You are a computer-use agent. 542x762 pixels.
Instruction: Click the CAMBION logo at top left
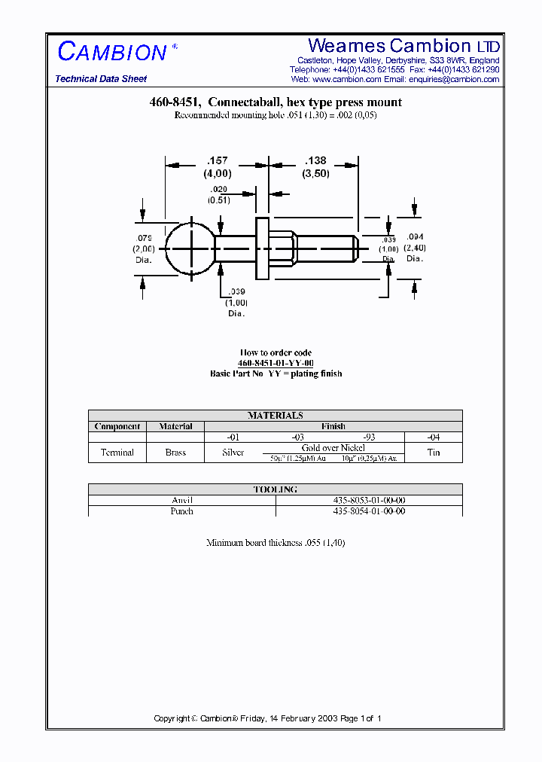[x=112, y=52]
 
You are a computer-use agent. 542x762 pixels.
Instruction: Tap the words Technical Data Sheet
[x=101, y=79]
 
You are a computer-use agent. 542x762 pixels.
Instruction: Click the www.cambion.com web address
[x=346, y=79]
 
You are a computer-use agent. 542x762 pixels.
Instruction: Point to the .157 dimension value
[x=217, y=160]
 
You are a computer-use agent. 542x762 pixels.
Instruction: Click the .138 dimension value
[x=315, y=160]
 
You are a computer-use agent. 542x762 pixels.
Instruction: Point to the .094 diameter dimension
[x=414, y=236]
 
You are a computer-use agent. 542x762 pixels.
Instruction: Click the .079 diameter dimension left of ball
[x=144, y=239]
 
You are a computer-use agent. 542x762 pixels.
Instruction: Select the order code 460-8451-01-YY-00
[x=276, y=363]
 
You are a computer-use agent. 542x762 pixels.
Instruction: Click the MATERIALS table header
[x=275, y=416]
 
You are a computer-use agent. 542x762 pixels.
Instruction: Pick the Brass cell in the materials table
[x=176, y=453]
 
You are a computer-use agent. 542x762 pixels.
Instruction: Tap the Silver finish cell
[x=233, y=453]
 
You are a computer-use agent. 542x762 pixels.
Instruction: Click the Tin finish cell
[x=433, y=453]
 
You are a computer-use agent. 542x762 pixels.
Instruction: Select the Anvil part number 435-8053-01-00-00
[x=369, y=500]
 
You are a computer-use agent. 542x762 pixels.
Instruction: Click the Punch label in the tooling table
[x=181, y=511]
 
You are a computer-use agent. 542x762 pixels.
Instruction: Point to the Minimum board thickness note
[x=276, y=542]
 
